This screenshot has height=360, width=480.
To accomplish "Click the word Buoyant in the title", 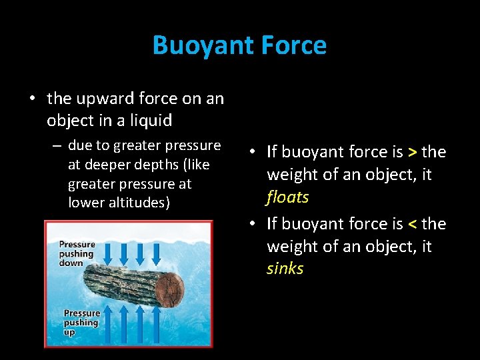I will click(x=196, y=45).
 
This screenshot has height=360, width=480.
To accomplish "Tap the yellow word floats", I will click(x=287, y=197).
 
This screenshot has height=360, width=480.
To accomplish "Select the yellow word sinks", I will click(x=285, y=269).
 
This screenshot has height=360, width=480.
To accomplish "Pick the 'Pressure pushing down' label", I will click(x=77, y=253).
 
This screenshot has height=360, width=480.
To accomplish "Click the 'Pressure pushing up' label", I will click(x=81, y=323).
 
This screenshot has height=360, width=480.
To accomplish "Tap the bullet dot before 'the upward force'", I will click(x=32, y=99).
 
